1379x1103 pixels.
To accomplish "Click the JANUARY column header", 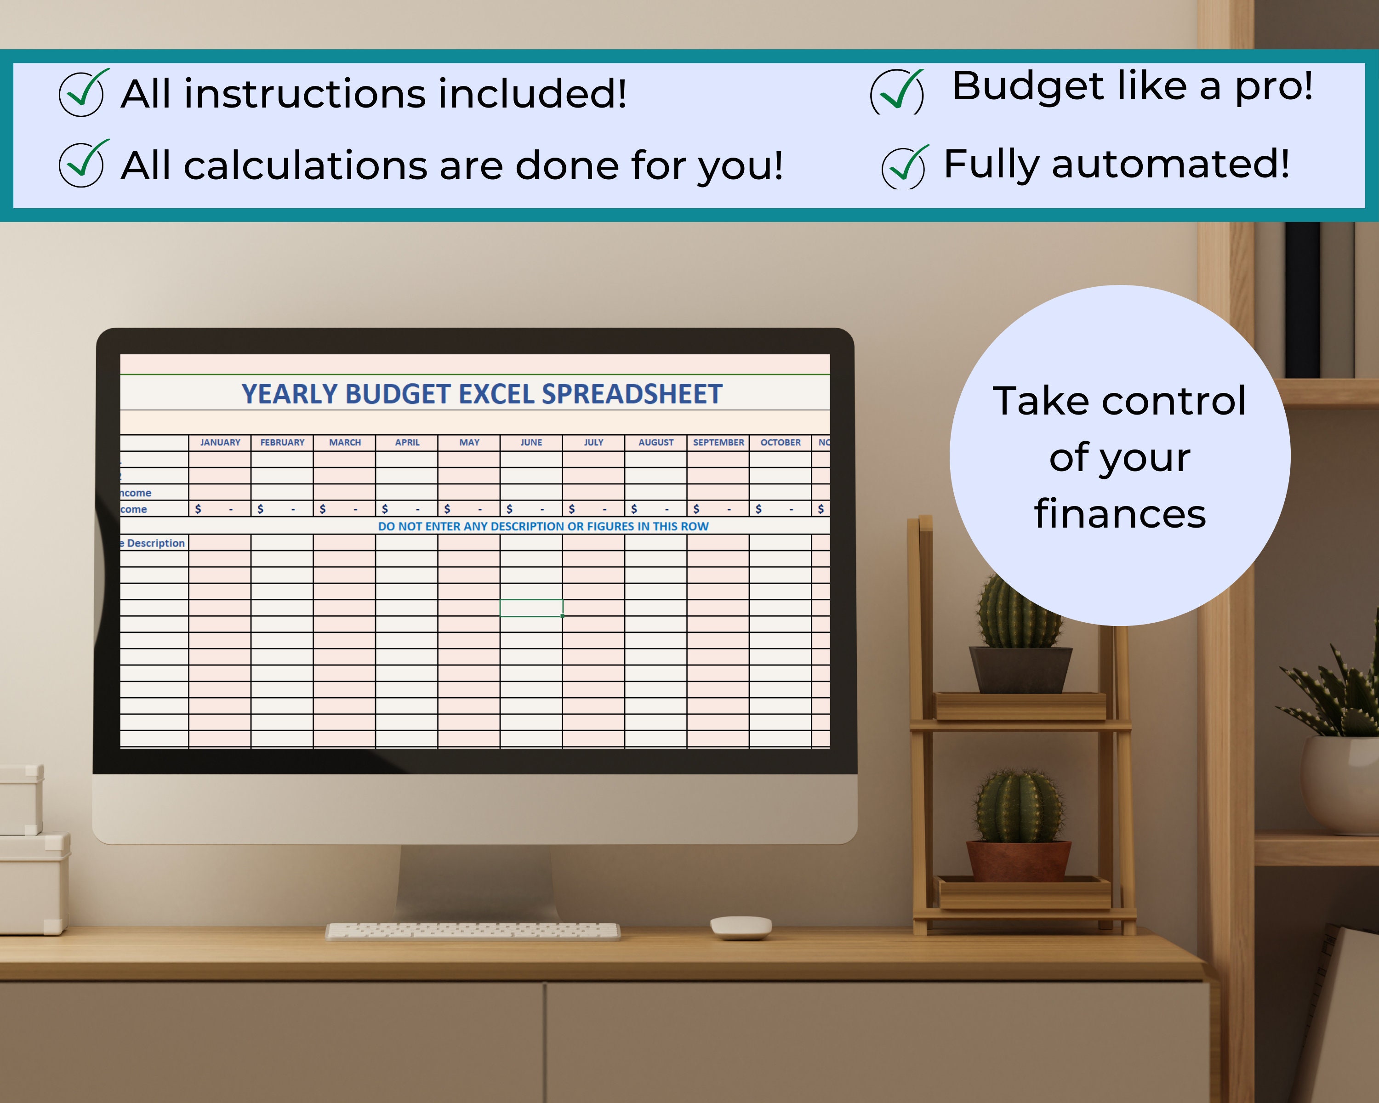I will pos(220,443).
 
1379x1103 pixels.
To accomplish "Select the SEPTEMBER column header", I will pos(718,443).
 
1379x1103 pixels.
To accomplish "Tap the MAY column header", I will pos(469,443).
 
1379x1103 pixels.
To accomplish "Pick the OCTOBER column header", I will pos(781,443).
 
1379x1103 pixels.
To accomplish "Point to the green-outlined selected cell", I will pos(531,608).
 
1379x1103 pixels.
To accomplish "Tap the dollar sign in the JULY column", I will pos(572,509).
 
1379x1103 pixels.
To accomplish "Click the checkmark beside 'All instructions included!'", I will pos(81,93).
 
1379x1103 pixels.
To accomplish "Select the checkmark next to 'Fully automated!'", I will pos(904,166).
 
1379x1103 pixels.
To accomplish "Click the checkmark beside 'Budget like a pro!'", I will pos(897,93).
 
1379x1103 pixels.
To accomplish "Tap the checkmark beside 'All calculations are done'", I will pos(81,165).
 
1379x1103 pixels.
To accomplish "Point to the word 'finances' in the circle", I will pos(1119,514).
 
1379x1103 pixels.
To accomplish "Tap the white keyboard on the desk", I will pos(472,931).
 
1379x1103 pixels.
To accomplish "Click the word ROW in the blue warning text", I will pos(695,526).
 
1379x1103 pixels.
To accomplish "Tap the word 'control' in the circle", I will pos(1173,402).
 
